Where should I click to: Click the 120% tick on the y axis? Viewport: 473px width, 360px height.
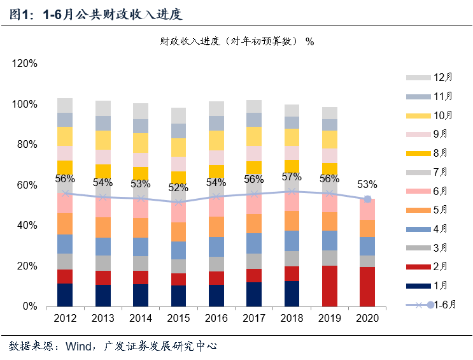(25, 64)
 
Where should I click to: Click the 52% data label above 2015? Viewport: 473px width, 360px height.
(178, 189)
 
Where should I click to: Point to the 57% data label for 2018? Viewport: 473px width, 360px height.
(292, 176)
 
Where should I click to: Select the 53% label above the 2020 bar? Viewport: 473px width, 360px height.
(367, 185)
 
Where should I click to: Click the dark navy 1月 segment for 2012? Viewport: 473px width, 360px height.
(65, 295)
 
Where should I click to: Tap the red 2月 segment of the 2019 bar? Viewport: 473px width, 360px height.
(330, 286)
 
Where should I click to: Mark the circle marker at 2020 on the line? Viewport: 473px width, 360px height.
(367, 199)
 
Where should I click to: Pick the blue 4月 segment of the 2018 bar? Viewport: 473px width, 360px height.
(292, 240)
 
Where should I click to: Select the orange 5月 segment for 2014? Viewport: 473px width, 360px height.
(141, 227)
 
